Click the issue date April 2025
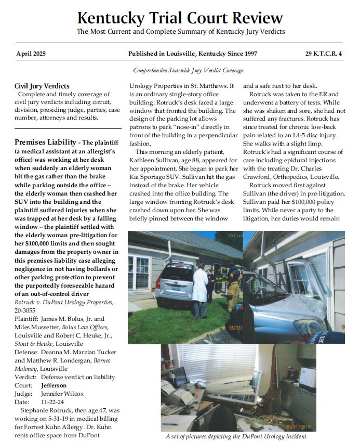(x=32, y=54)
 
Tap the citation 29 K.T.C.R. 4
(x=324, y=54)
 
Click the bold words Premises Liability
(x=45, y=142)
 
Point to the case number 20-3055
(x=25, y=310)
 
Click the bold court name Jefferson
(x=54, y=385)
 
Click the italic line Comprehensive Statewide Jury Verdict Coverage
(x=188, y=70)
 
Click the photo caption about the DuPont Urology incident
(x=236, y=436)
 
